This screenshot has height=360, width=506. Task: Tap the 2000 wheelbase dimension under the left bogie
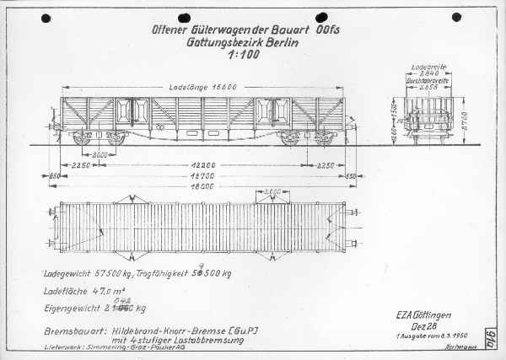click(100, 156)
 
